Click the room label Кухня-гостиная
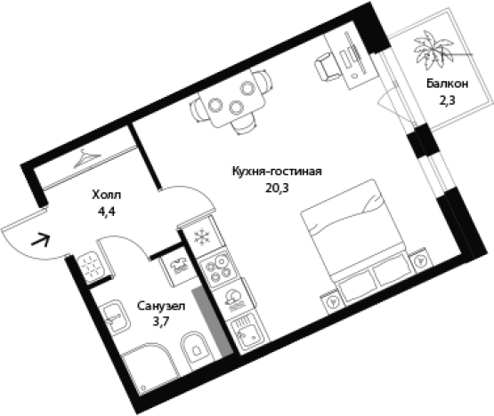[x=277, y=172]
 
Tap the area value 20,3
[x=278, y=188]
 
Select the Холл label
[x=107, y=195]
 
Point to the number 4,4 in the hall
[x=107, y=212]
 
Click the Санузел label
[x=161, y=306]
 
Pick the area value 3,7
[x=161, y=322]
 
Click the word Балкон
[x=448, y=84]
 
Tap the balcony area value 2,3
[x=448, y=100]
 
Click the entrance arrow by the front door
[x=41, y=240]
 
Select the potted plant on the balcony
[x=433, y=50]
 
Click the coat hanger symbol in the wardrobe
[x=86, y=158]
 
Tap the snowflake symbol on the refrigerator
[x=202, y=237]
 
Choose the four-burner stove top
[x=218, y=268]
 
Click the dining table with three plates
[x=232, y=100]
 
